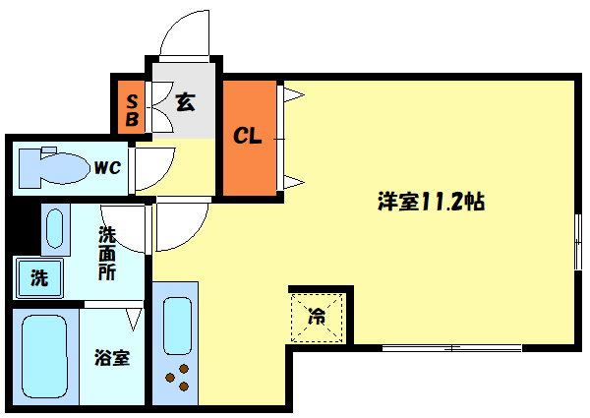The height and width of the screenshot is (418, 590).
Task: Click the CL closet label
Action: pos(247,136)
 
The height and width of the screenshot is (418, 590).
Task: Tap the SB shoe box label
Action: pos(132,110)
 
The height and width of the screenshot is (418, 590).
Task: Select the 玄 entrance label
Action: pos(185,101)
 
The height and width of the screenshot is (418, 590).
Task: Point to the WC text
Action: pos(107,167)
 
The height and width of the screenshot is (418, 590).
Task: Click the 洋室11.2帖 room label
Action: pos(432,202)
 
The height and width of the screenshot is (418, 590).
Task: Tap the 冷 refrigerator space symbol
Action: pos(317,316)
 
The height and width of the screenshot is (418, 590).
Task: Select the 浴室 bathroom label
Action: pos(112,358)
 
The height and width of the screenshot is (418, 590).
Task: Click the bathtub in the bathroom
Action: pos(45,356)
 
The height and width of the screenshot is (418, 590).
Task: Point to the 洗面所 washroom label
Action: pos(107,254)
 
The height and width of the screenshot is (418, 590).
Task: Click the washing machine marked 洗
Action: pos(38,277)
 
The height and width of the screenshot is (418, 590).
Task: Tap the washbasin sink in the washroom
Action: pos(55,229)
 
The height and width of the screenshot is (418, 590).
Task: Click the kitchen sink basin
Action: pos(177,326)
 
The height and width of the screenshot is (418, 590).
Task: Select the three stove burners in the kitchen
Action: pos(178,378)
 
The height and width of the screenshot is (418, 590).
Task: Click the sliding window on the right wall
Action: pos(578,242)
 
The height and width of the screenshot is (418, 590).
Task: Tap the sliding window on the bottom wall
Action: pos(452,348)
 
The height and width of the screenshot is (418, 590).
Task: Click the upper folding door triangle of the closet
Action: pos(293,94)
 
